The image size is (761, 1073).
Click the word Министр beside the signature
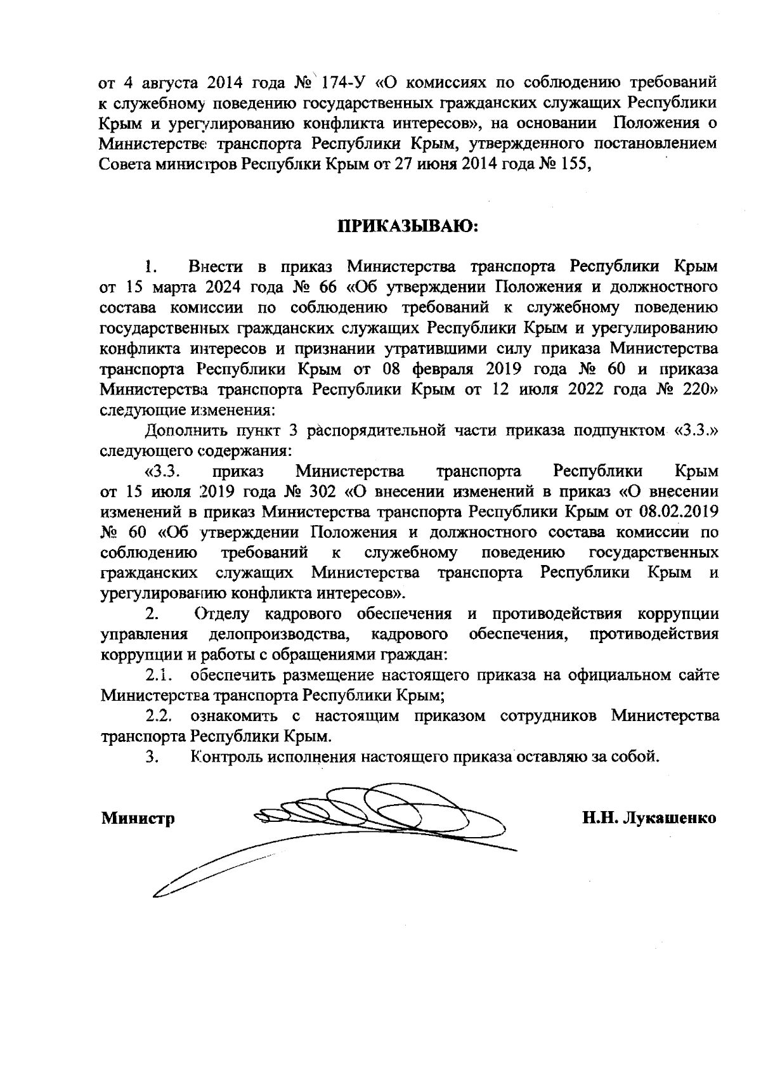coord(138,818)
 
